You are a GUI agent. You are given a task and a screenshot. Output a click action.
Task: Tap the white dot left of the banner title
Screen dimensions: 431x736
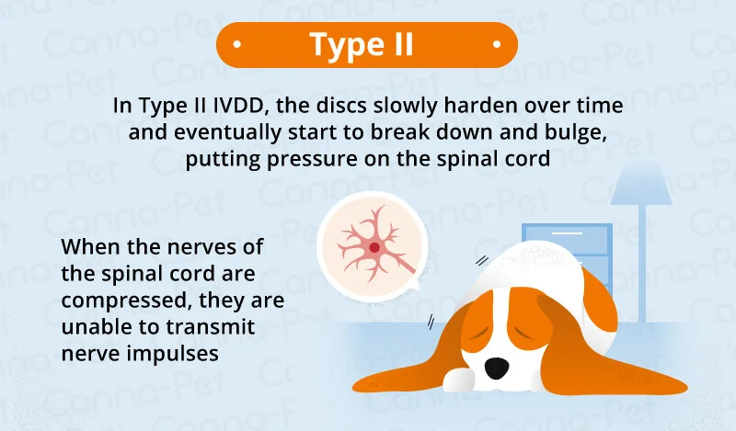click(237, 44)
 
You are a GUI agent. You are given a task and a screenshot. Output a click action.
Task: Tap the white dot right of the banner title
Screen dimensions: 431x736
click(497, 44)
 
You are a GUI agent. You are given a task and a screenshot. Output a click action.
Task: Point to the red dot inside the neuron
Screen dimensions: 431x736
click(374, 246)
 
